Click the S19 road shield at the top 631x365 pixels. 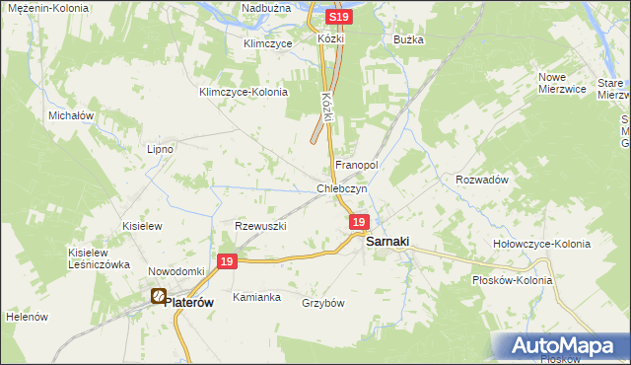(338, 18)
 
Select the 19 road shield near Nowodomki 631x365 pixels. (227, 261)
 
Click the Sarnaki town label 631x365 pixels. (388, 241)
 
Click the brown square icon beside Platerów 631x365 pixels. (158, 295)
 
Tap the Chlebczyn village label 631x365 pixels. (341, 188)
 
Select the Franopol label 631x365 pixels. (358, 164)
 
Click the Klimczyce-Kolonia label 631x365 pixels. (243, 92)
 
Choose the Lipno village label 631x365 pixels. (160, 149)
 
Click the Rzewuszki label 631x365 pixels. (260, 226)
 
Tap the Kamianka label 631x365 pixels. (256, 297)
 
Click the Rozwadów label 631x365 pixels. (481, 180)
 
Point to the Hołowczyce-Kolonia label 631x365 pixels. (541, 244)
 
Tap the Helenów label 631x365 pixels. (27, 317)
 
